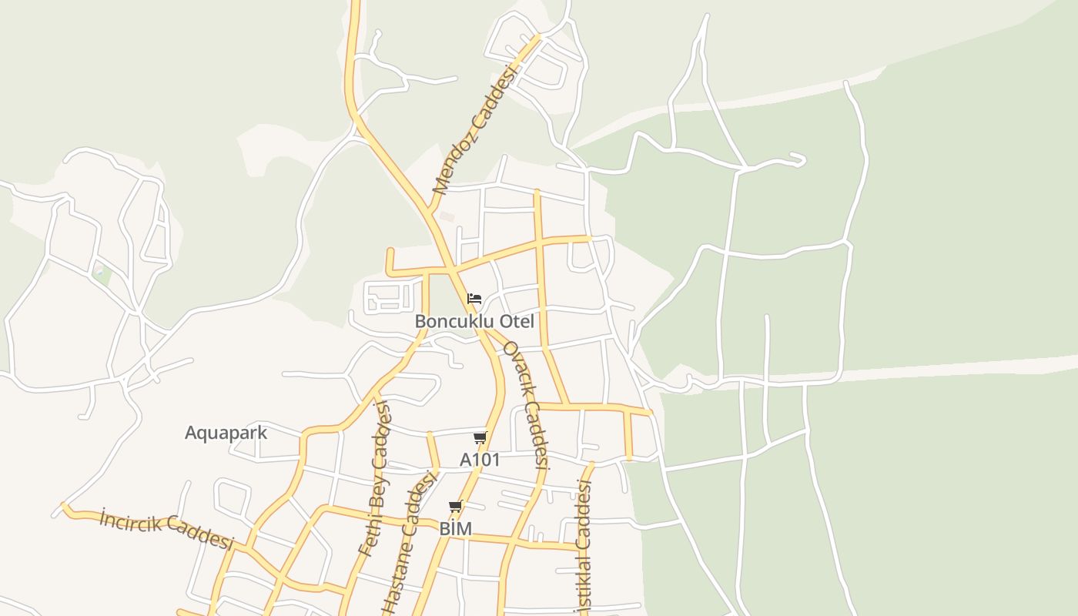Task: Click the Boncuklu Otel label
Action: [474, 321]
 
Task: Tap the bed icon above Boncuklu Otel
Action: [474, 298]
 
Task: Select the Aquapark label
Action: [226, 433]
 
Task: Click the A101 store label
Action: [480, 460]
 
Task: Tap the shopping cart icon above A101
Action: [480, 438]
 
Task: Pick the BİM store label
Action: [455, 529]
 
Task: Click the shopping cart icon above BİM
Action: [455, 507]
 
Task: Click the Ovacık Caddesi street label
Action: [526, 403]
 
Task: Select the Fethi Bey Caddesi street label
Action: [377, 479]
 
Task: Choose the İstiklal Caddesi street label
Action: [584, 547]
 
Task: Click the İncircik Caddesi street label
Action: [166, 530]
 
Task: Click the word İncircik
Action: [131, 521]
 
